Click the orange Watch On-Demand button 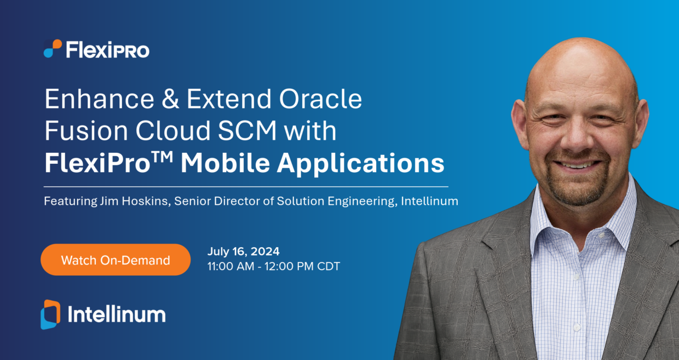116,260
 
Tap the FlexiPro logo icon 53,49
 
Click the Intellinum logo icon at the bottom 50,315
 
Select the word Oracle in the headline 320,99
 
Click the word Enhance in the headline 100,99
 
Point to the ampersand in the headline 170,99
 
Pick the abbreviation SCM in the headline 248,131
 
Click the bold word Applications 361,164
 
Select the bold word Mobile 225,163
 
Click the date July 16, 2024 244,252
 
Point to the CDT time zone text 329,266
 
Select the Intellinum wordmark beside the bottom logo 117,314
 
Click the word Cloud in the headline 173,131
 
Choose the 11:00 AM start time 231,266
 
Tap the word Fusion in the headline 87,131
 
